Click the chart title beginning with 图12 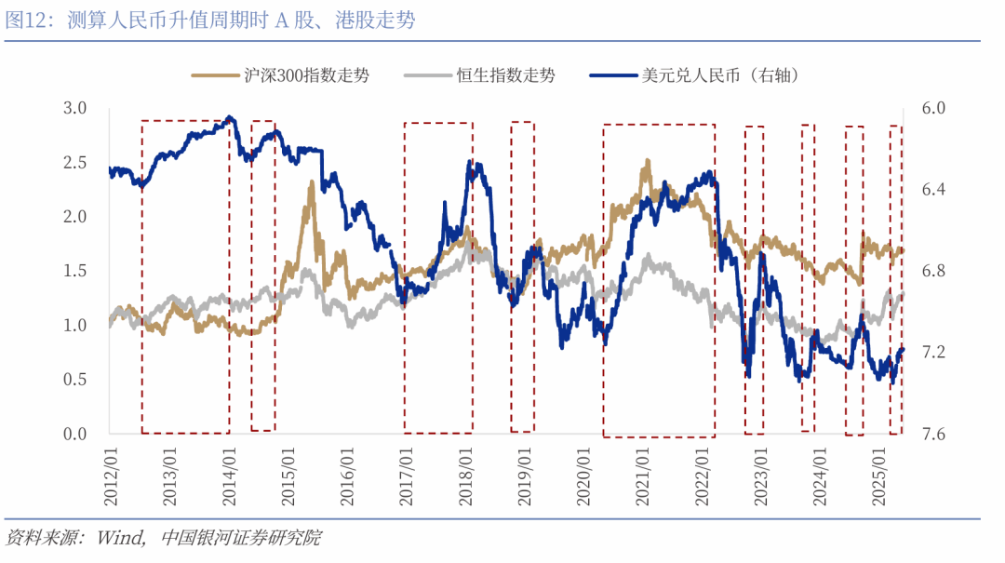[x=209, y=20]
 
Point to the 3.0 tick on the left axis [x=74, y=108]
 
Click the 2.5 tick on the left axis [x=74, y=163]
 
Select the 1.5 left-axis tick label [x=74, y=271]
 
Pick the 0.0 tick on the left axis [x=74, y=435]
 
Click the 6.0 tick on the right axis [x=932, y=108]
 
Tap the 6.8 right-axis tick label [x=932, y=271]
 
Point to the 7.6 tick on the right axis [x=932, y=435]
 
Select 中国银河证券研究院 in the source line [x=240, y=538]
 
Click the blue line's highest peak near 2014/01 [x=230, y=117]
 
